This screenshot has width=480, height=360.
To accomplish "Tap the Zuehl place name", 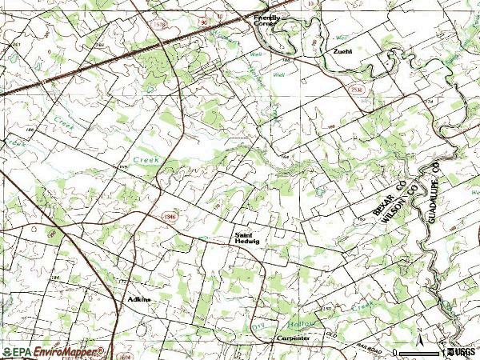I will (x=344, y=51).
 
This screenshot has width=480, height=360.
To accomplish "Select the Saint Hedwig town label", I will (x=247, y=238).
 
